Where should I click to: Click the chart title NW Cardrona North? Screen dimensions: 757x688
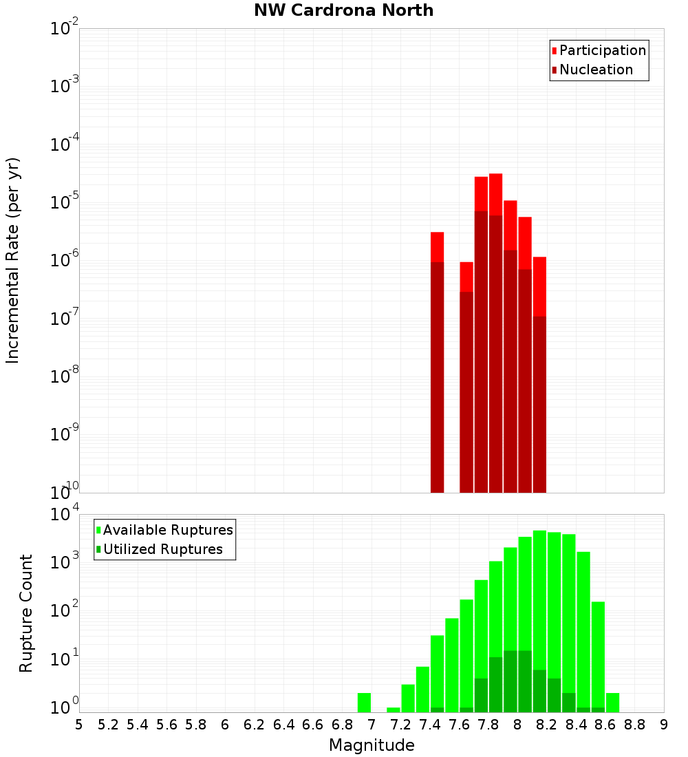(x=344, y=10)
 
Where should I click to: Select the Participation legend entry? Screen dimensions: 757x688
(x=602, y=50)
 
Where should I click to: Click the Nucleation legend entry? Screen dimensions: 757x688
(x=596, y=70)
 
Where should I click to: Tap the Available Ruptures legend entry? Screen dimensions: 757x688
(x=167, y=530)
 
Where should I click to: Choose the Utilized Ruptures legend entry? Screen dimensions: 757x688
(x=162, y=549)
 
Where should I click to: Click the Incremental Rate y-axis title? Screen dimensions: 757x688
(x=14, y=260)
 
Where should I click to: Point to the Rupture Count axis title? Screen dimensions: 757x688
(x=26, y=613)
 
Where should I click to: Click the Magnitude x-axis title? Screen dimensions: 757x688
(x=372, y=745)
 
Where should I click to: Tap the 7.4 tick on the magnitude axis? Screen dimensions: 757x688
(x=430, y=725)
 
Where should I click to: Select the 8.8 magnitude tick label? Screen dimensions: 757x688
(x=634, y=725)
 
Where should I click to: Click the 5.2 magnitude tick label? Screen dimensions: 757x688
(x=109, y=725)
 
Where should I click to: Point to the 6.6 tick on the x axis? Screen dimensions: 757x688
(x=313, y=725)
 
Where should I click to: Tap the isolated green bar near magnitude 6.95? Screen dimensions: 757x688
(x=364, y=703)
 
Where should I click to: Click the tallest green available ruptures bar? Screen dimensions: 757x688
(x=539, y=619)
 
